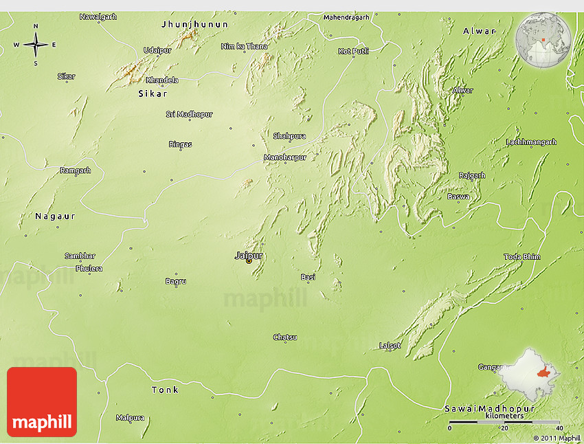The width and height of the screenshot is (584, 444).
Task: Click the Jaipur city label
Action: (x=249, y=255)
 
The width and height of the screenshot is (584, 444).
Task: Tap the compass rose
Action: (x=36, y=45)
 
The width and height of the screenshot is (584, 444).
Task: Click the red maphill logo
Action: (x=42, y=402)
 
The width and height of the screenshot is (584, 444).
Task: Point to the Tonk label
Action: (x=165, y=390)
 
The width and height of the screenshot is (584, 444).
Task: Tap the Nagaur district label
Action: (x=55, y=216)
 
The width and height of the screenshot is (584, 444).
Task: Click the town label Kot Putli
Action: (x=353, y=51)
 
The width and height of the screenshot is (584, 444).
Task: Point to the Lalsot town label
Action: (x=390, y=345)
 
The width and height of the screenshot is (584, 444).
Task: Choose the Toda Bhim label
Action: (x=522, y=256)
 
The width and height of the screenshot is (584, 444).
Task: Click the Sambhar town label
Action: (x=80, y=256)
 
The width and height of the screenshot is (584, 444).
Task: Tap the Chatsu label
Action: (x=285, y=337)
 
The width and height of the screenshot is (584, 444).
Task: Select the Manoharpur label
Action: (x=285, y=157)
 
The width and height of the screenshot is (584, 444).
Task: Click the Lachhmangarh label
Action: (x=531, y=142)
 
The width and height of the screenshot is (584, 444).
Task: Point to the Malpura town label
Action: (x=130, y=417)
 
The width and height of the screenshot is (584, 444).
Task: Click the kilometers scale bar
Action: (x=504, y=421)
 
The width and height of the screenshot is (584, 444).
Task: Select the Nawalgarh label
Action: (x=98, y=16)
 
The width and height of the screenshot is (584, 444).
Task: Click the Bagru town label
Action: (x=176, y=281)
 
